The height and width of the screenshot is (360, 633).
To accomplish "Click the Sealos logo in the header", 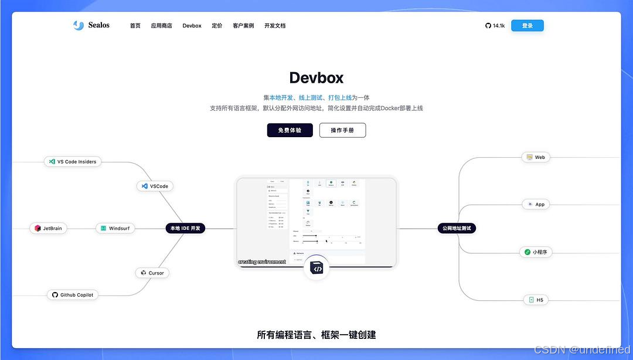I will (x=91, y=25).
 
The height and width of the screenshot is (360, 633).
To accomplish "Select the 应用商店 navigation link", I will (x=161, y=26).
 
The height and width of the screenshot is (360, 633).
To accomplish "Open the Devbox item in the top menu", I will (x=192, y=26).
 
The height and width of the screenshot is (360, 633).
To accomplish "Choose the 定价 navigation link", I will (x=217, y=26).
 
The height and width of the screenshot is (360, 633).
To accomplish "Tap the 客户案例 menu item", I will (x=243, y=26).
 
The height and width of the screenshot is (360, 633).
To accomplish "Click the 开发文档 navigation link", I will (x=275, y=26).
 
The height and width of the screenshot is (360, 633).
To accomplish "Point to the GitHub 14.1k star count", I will (x=495, y=26).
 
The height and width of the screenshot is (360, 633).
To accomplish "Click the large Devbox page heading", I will (x=316, y=77).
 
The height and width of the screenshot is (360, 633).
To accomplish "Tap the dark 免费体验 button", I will (x=290, y=130).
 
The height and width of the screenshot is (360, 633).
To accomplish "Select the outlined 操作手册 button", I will (x=342, y=130).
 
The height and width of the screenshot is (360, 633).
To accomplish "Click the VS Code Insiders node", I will (x=73, y=161).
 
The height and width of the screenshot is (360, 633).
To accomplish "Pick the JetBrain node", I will (x=48, y=228).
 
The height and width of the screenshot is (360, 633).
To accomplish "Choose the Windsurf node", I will (x=115, y=228).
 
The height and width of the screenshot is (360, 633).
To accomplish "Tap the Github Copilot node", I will (x=72, y=295).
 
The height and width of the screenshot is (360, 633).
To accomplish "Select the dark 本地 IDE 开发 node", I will (x=185, y=228).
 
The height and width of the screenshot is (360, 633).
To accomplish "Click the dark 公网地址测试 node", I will (x=457, y=228).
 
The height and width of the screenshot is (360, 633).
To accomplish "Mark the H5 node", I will (x=536, y=300).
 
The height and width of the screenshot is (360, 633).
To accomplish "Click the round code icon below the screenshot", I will (x=316, y=269).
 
